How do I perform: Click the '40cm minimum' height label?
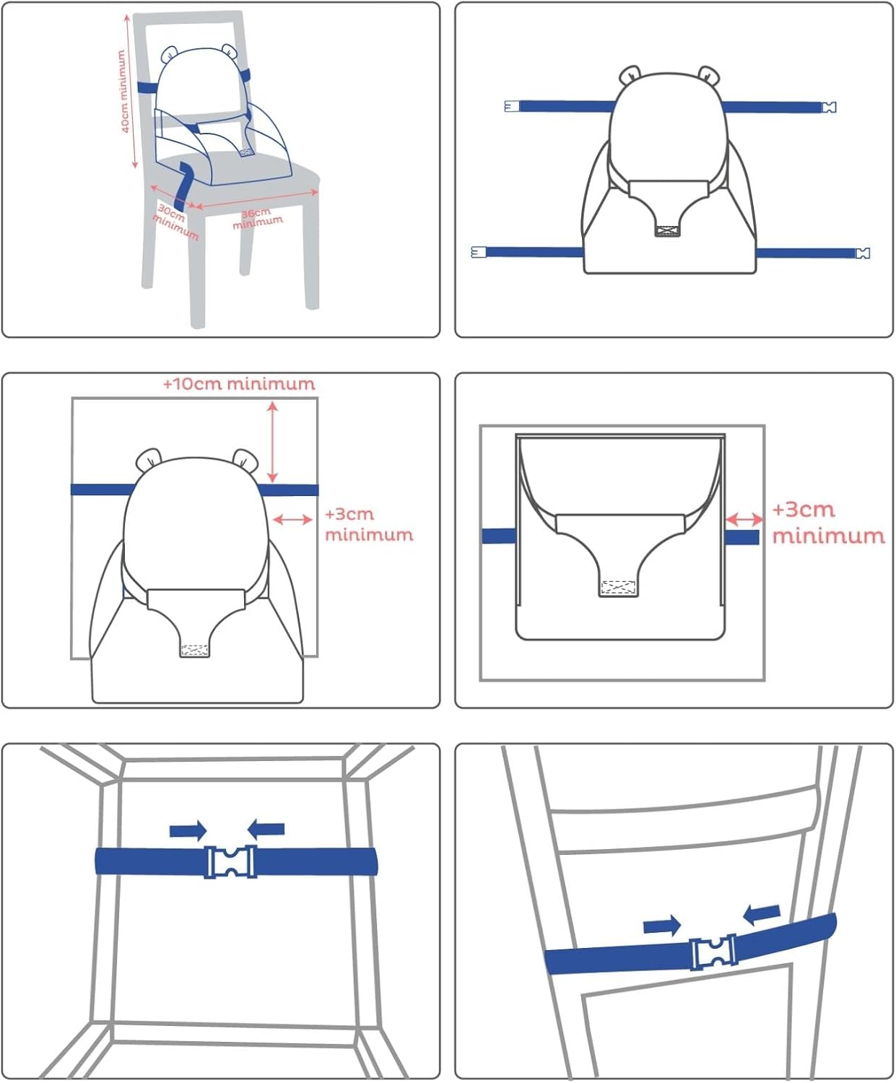pos(123,91)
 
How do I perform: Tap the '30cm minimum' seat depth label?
pos(175,222)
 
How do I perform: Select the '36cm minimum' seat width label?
pos(257,218)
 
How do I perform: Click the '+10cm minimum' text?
pos(239,384)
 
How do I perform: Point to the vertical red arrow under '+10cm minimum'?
pos(272,443)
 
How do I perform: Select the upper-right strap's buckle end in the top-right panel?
pos(829,108)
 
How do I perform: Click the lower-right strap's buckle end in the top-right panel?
pos(862,253)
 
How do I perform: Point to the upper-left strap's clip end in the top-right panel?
pos(512,106)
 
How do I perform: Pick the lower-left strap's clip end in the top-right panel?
pos(479,252)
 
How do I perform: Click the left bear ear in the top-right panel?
pos(629,75)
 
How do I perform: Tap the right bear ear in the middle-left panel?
pos(246,459)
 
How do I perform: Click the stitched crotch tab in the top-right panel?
pos(667,231)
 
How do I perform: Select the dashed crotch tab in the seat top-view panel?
pos(618,588)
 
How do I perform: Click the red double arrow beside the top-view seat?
pos(744,518)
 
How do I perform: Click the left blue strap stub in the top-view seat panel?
pos(499,536)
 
